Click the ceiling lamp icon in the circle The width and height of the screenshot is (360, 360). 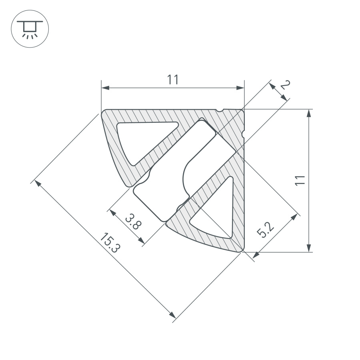(29, 29)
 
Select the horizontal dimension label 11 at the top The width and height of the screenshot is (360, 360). (172, 80)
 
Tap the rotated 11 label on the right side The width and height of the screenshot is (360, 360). (300, 180)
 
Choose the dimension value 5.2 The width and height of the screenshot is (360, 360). (265, 230)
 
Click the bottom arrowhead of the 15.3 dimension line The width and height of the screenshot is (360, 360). (173, 316)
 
